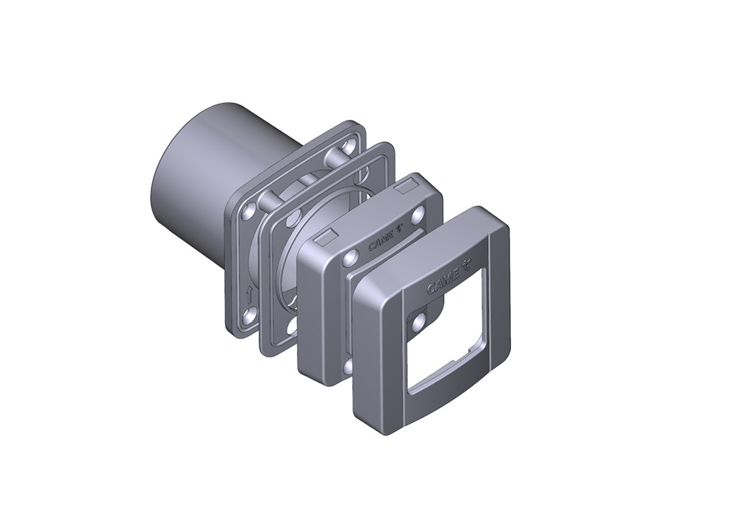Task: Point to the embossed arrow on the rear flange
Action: click(x=248, y=296)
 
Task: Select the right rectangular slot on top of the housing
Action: click(x=404, y=190)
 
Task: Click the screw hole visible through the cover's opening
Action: click(x=419, y=323)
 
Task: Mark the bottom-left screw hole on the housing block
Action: click(x=348, y=366)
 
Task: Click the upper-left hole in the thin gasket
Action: click(x=292, y=218)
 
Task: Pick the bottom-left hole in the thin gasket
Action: click(x=293, y=325)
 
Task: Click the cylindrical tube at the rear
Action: click(x=206, y=177)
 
